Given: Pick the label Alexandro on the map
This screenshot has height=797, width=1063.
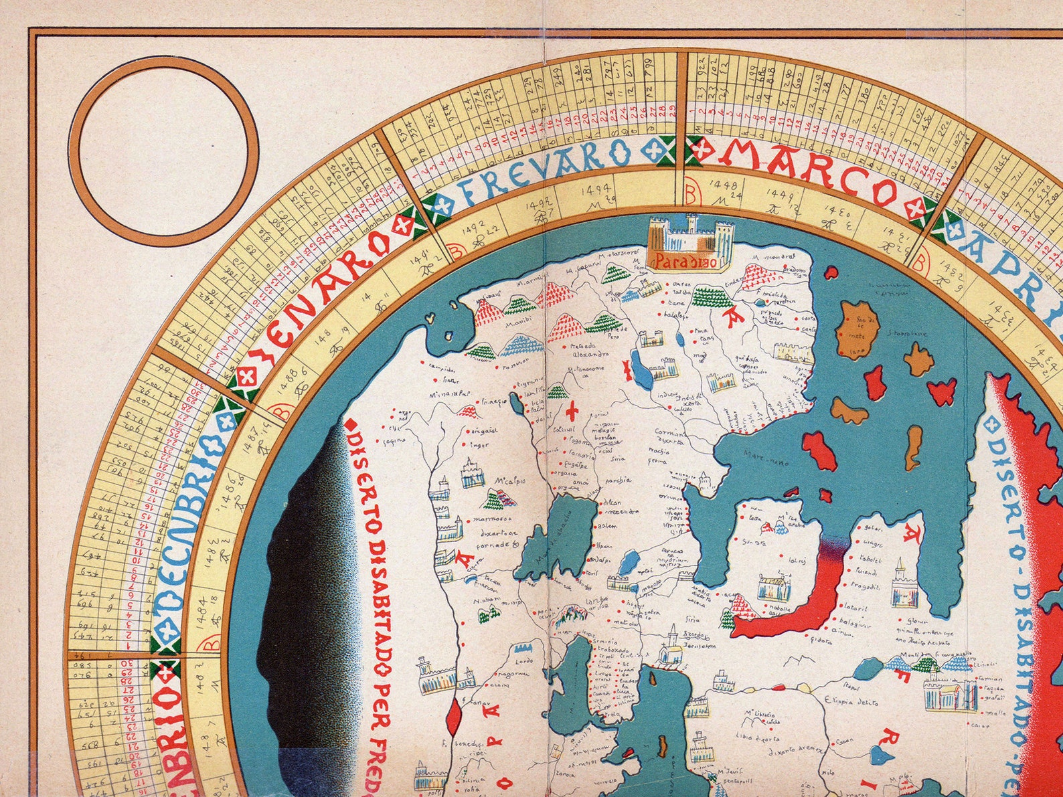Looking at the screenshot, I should point(590,353).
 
